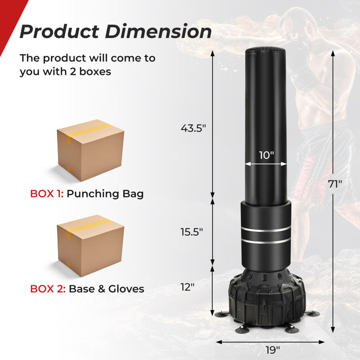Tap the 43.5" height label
click(193, 128)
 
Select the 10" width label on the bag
click(266, 155)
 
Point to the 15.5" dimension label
click(191, 232)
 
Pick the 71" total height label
click(335, 184)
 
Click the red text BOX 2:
click(47, 288)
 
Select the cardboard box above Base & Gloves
click(90, 245)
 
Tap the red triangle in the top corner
click(6, 18)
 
